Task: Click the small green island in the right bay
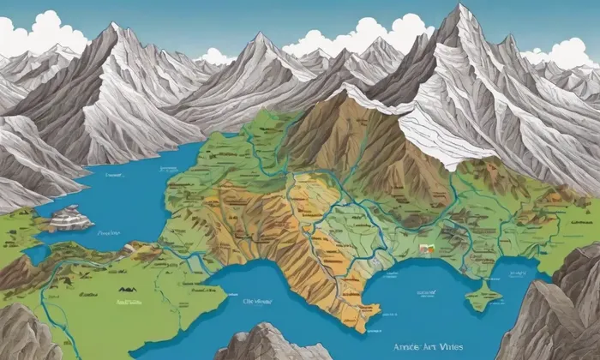pyautogui.click(x=482, y=297)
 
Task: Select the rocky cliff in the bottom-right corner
pyautogui.click(x=566, y=317)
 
